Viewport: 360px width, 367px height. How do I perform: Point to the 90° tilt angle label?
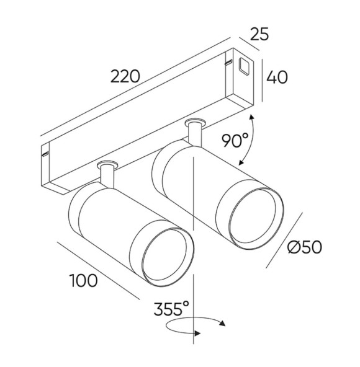coord(235,142)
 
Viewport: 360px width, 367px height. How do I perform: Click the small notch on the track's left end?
coord(45,151)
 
